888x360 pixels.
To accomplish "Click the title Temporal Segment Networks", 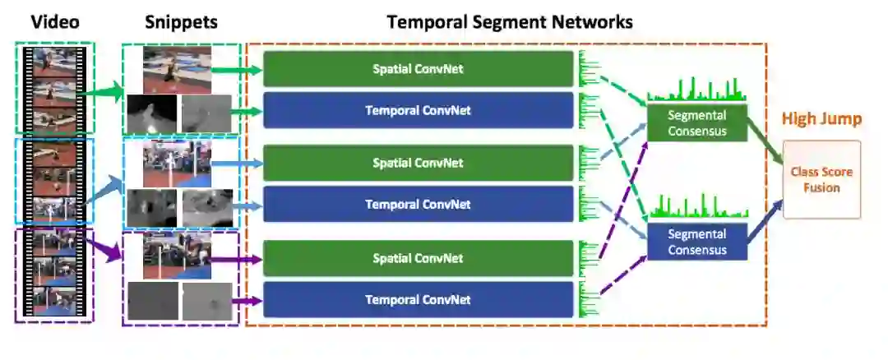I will (x=510, y=21).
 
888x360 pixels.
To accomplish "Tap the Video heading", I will (x=55, y=21).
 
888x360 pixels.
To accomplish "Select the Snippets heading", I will (x=182, y=21).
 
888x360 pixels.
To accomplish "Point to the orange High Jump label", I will (x=821, y=119).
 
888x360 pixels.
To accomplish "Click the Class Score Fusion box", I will (x=821, y=179).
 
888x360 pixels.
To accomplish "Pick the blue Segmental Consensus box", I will (x=697, y=242).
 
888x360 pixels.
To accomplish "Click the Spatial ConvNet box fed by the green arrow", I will (x=418, y=69).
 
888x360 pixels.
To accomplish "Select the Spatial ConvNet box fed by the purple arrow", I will (x=418, y=258).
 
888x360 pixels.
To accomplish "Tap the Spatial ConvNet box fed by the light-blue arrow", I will (x=418, y=163).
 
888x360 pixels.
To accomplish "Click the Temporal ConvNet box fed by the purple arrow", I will (x=418, y=300).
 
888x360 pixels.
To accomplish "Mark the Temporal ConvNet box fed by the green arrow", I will (x=418, y=110).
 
